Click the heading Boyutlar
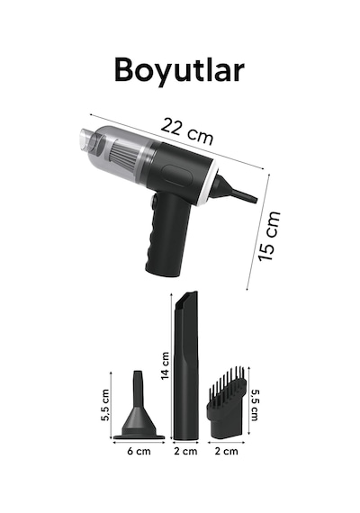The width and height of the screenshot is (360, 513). point(179,70)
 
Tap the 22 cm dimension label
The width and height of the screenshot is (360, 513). point(187,130)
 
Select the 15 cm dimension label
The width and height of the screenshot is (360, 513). point(269,236)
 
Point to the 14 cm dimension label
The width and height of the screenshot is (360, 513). point(166,365)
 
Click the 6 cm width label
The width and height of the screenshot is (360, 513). point(139,452)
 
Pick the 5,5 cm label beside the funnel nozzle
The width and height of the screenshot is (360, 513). point(105,405)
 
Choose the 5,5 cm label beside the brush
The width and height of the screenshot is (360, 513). point(255,405)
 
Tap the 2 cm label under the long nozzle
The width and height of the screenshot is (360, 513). point(185,452)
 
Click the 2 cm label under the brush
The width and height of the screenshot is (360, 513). point(227,452)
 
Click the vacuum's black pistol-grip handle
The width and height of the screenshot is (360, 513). point(167,235)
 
